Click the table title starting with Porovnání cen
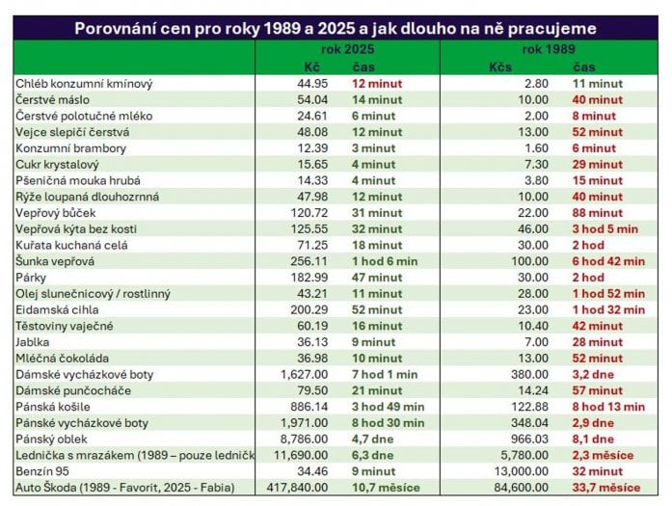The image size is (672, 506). (336, 28)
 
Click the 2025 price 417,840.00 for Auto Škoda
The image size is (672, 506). (296, 488)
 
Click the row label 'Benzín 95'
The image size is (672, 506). (43, 471)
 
